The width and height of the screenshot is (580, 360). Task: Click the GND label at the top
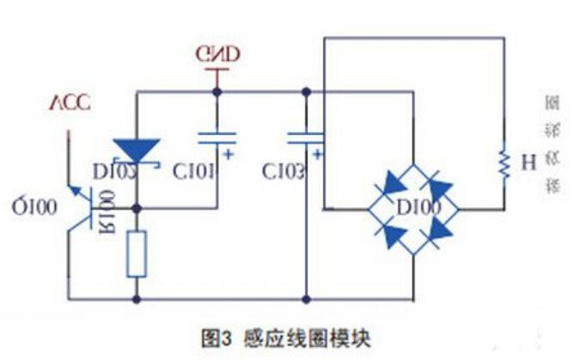click(217, 55)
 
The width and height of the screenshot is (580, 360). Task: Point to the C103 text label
click(284, 172)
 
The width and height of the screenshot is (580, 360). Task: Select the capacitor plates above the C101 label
click(217, 136)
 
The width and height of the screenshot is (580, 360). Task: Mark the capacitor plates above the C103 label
click(306, 136)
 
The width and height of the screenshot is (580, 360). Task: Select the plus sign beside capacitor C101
click(229, 155)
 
